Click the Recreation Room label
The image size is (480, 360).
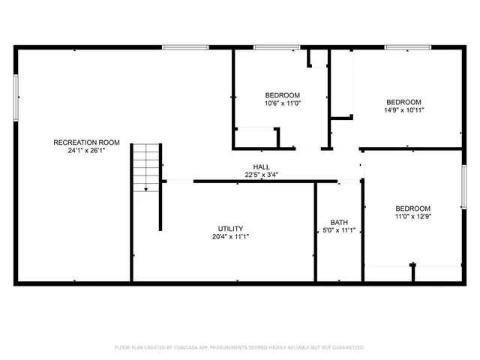coord(86,142)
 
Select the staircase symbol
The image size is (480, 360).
coord(147,169)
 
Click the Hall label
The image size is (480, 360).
coord(261,167)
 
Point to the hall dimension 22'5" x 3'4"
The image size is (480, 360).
coord(261,175)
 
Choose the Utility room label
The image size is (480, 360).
coord(230,229)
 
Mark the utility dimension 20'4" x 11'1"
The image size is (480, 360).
coord(230,237)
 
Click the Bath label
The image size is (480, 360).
coord(339,222)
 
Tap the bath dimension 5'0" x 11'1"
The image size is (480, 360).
coord(339,230)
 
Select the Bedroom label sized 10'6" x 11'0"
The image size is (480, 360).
coord(282,95)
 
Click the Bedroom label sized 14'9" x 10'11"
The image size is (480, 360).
coord(403,102)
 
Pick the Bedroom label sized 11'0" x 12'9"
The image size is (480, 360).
coord(413,208)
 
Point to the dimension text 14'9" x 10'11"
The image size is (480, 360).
coord(403,110)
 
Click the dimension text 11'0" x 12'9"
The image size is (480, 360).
coord(413,217)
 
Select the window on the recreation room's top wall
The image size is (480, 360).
coord(185,47)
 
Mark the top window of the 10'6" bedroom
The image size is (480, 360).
coord(277,47)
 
